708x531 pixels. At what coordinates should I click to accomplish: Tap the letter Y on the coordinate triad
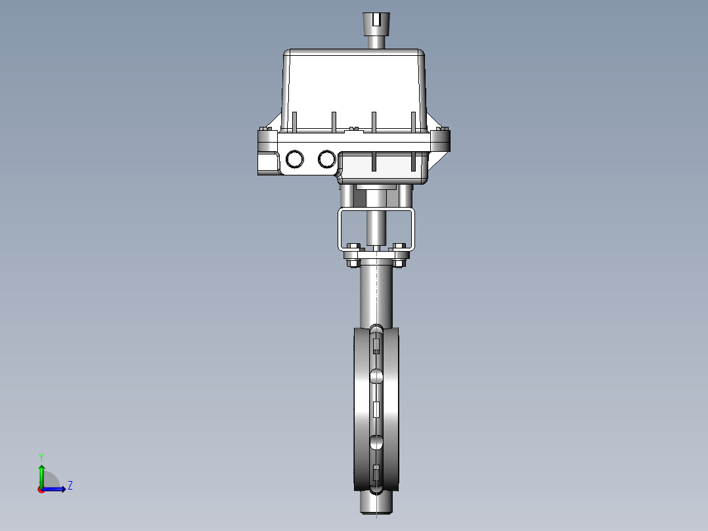[x=41, y=456]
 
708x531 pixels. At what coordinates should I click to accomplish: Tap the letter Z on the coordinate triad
[x=70, y=486]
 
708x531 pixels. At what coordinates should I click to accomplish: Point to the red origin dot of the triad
[x=41, y=489]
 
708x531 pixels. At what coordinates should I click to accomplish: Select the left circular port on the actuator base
[x=295, y=159]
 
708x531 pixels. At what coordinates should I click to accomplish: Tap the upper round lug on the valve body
[x=376, y=377]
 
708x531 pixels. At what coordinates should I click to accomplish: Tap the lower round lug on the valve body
[x=376, y=441]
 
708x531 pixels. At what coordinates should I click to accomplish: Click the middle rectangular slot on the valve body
[x=376, y=409]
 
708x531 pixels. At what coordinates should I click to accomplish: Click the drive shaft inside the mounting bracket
[x=376, y=227]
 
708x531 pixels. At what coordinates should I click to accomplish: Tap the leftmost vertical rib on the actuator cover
[x=294, y=122]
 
